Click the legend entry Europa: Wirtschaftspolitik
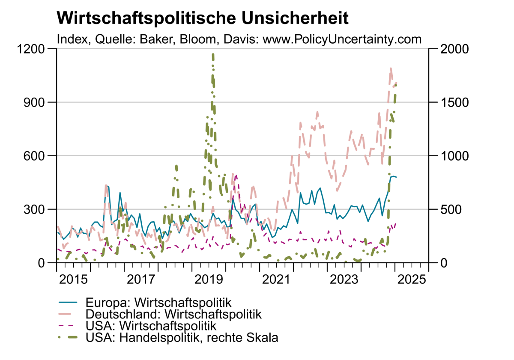click(x=158, y=302)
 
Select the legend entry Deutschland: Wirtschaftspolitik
click(x=173, y=314)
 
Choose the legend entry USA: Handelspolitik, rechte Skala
click(x=182, y=337)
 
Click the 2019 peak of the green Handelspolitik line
click(x=213, y=55)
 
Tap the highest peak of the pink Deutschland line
click(x=391, y=68)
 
